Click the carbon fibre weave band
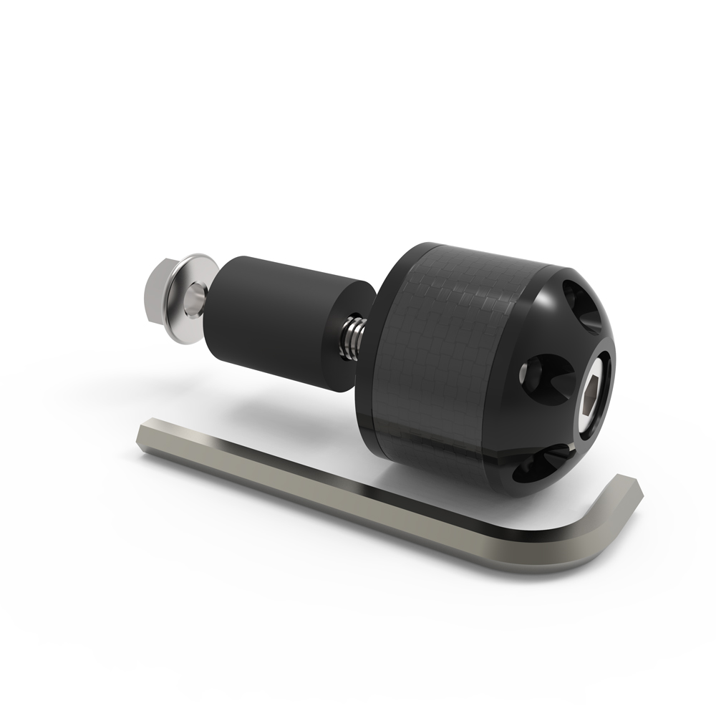(x=458, y=344)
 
